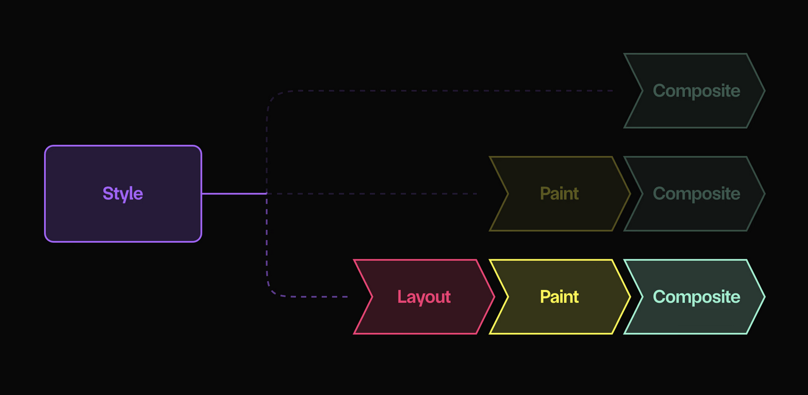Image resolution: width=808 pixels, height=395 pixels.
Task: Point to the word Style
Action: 123,194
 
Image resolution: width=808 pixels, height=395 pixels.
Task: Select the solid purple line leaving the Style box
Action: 234,193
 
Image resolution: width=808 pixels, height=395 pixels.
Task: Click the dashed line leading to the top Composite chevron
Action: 441,91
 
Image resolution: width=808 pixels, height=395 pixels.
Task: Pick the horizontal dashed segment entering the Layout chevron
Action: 317,296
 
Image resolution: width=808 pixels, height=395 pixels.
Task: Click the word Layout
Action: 424,297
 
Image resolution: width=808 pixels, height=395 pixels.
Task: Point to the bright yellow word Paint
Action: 559,297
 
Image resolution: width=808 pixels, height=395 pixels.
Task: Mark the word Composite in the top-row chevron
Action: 696,91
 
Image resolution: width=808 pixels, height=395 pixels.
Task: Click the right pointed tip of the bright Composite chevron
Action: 763,297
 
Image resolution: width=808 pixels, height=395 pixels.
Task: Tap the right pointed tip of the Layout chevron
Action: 493,297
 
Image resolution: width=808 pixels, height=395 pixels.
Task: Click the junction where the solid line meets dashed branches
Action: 267,193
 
